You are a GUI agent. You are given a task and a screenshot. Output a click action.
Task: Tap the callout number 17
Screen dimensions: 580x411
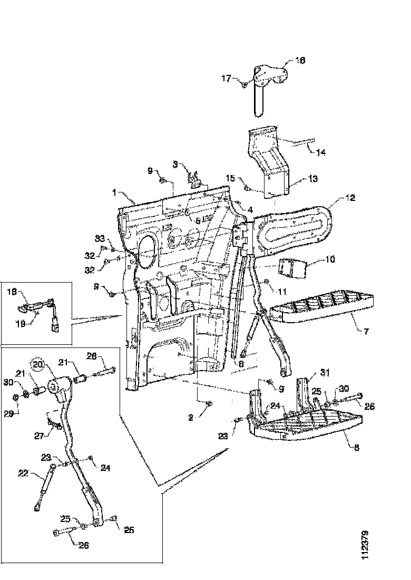(x=226, y=79)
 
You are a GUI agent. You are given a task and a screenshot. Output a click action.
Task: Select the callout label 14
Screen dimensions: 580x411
(x=321, y=152)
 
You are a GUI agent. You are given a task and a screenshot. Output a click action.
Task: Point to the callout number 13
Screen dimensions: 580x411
(x=313, y=179)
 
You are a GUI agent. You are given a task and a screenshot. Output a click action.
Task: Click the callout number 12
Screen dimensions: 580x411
(x=350, y=198)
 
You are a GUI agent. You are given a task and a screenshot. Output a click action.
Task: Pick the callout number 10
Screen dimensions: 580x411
(x=329, y=260)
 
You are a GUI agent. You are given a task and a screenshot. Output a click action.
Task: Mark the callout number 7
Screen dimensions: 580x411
(x=366, y=332)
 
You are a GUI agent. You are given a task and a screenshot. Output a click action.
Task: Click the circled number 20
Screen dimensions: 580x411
(x=37, y=364)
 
